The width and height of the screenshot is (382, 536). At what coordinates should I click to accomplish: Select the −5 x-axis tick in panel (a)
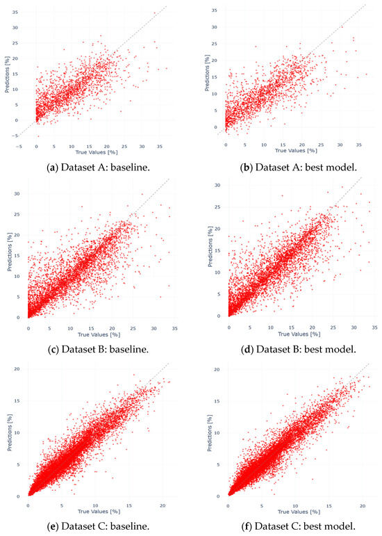[x=20, y=146]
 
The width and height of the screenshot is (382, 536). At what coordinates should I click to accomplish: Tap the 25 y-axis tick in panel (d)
[x=217, y=206]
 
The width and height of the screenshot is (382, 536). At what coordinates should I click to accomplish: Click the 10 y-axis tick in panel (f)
[x=217, y=432]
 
